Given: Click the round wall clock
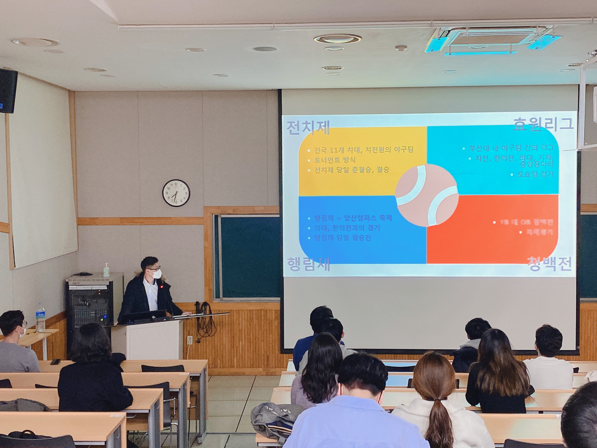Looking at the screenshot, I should click(x=176, y=193).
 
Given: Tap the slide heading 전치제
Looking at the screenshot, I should click(x=308, y=128).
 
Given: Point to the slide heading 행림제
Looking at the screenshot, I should click(x=308, y=264).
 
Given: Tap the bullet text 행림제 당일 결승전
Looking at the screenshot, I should click(x=342, y=238).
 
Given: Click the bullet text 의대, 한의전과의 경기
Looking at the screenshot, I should click(x=347, y=228).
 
